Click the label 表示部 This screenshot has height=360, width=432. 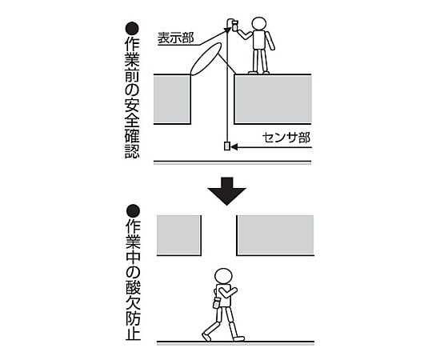point(175,38)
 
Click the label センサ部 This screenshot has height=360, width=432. point(286,138)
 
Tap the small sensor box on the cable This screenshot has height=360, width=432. point(227,146)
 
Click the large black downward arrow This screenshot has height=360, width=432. point(226,191)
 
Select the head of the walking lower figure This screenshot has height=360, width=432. point(224,276)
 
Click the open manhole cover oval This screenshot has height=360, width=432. point(206,58)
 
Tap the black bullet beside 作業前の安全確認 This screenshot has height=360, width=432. point(133,29)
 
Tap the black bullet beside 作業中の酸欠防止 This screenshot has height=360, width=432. point(133,211)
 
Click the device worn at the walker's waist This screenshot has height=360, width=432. point(216,302)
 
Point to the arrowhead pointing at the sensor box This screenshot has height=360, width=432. point(234,147)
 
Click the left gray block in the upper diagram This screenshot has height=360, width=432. point(172,99)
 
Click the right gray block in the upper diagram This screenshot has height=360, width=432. point(273,99)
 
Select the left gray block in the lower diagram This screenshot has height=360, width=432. point(178,234)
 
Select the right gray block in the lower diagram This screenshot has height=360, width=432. point(275,234)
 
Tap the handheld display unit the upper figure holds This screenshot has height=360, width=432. point(234,26)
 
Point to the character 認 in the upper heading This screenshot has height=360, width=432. point(133,151)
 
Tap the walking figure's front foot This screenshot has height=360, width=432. point(238,338)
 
